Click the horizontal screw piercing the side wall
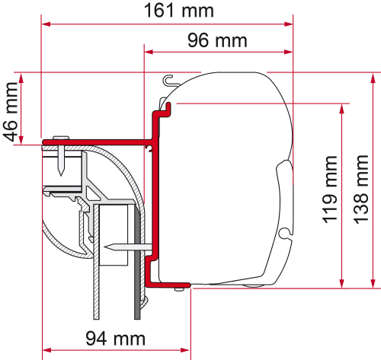tap(122, 246)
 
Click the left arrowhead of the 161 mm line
tap(46, 24)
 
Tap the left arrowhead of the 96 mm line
tap(149, 53)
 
